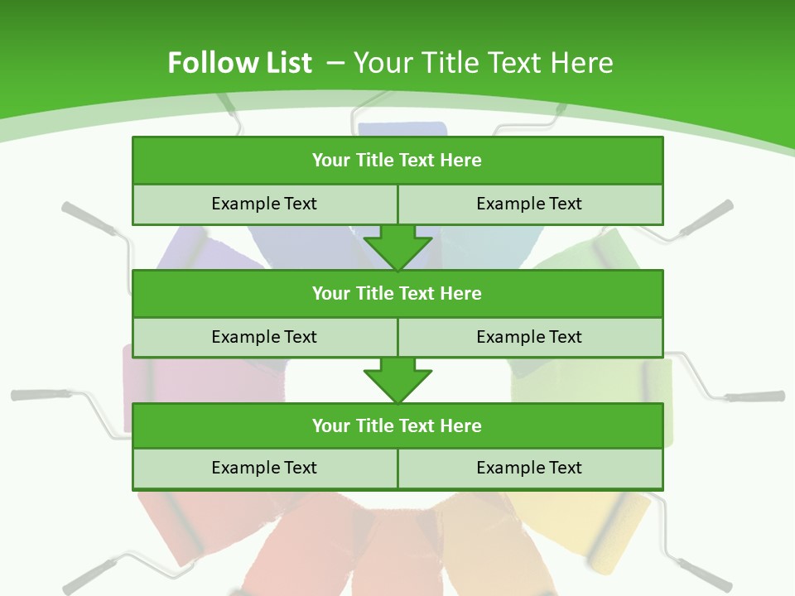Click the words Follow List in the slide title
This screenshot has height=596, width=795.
(x=239, y=63)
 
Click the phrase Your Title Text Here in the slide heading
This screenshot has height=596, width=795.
(x=483, y=63)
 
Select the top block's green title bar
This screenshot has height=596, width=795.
(x=397, y=161)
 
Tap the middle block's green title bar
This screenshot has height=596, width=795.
(x=397, y=293)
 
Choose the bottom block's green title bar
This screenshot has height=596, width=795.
(x=397, y=425)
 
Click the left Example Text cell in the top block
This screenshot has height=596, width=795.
(x=264, y=204)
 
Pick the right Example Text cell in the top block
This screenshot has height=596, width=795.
(x=530, y=204)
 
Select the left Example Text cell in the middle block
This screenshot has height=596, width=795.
(x=264, y=337)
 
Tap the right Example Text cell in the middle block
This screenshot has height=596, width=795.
(x=530, y=337)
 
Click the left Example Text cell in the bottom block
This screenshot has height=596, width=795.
(x=264, y=468)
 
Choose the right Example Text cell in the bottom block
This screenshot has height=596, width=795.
(x=530, y=468)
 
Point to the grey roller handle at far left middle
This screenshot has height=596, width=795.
(x=37, y=395)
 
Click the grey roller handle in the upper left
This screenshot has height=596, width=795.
(x=88, y=217)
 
